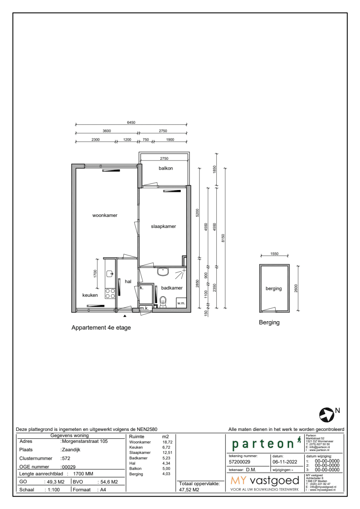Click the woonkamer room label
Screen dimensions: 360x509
pyautogui.click(x=105, y=215)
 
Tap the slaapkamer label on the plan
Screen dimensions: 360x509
pyautogui.click(x=163, y=226)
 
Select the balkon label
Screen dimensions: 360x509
pyautogui.click(x=166, y=168)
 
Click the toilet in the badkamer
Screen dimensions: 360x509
pyautogui.click(x=163, y=302)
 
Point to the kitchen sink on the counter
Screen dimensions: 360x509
pyautogui.click(x=110, y=274)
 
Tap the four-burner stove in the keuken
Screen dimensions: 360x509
pyautogui.click(x=110, y=294)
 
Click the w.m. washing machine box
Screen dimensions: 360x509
pyautogui.click(x=181, y=303)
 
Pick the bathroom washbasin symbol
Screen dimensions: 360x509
pyautogui.click(x=163, y=272)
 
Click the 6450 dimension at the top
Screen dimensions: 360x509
pyautogui.click(x=131, y=122)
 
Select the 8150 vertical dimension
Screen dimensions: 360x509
pyautogui.click(x=223, y=238)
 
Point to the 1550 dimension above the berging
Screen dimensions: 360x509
pyautogui.click(x=274, y=254)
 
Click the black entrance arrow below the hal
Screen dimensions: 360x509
pyautogui.click(x=125, y=315)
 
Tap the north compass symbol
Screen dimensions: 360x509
pyautogui.click(x=327, y=415)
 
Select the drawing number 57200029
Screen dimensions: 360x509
pyautogui.click(x=239, y=462)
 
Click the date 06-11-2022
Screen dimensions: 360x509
pyautogui.click(x=285, y=462)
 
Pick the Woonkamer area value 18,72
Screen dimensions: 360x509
pyautogui.click(x=167, y=442)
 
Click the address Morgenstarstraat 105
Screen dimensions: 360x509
pyautogui.click(x=85, y=441)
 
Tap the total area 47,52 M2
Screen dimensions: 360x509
pyautogui.click(x=189, y=490)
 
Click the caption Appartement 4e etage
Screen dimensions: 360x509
pyautogui.click(x=101, y=328)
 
